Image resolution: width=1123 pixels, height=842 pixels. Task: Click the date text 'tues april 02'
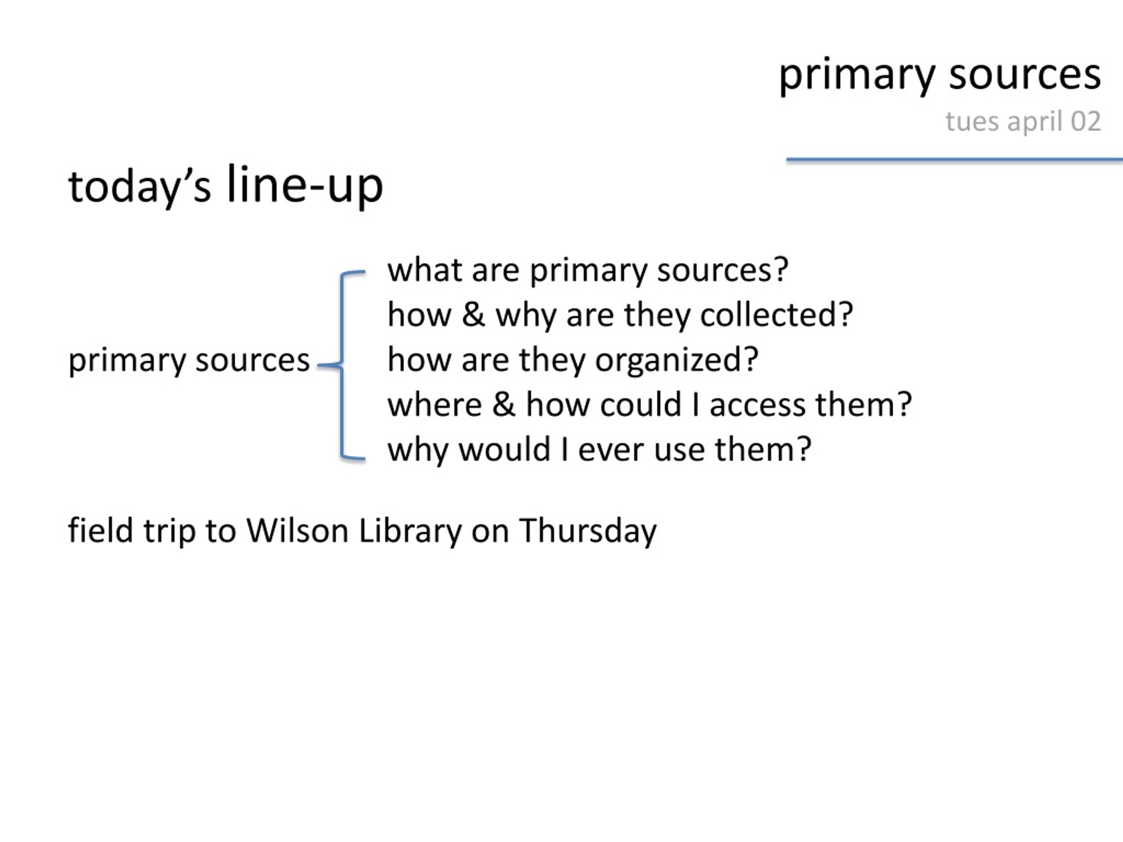click(1023, 122)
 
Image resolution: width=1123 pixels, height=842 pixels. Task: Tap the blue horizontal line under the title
click(955, 160)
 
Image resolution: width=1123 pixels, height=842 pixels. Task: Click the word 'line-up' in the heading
click(304, 185)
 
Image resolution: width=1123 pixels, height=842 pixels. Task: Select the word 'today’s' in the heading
click(139, 187)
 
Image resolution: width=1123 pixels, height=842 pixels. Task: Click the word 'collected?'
click(777, 315)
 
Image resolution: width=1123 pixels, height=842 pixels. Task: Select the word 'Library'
click(410, 532)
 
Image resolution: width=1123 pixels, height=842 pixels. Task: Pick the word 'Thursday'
click(588, 532)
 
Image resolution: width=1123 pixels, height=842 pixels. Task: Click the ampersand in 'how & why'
click(473, 315)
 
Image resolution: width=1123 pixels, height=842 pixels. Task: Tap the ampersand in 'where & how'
click(504, 405)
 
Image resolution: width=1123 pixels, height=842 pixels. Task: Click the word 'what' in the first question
click(425, 270)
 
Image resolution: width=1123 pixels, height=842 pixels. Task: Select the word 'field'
click(100, 530)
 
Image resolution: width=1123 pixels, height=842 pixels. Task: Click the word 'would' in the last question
click(504, 450)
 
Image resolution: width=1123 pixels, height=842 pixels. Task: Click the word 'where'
click(435, 405)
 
